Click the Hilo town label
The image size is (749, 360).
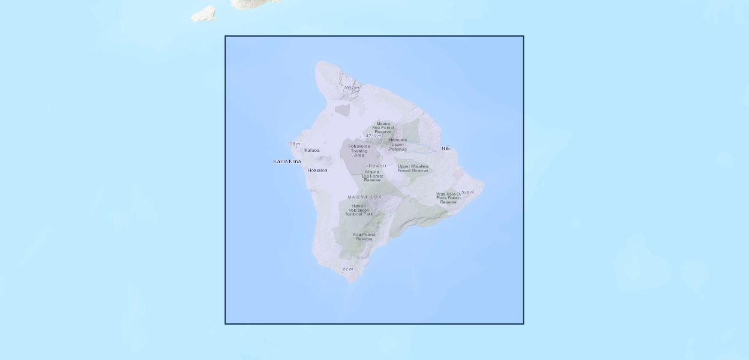446,148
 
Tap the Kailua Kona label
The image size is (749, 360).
287,161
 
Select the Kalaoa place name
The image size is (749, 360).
312,150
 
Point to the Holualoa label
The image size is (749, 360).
317,170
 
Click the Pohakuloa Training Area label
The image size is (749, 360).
359,151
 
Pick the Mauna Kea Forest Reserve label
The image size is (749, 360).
383,128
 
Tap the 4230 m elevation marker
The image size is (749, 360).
373,136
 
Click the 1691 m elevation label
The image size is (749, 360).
351,88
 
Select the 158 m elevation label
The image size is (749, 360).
293,144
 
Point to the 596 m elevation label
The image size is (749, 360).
468,193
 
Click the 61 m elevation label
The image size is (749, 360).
348,269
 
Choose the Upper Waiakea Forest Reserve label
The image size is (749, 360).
413,168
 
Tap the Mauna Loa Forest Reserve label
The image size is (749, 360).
372,176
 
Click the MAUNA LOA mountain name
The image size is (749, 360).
364,197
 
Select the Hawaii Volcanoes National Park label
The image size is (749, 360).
359,209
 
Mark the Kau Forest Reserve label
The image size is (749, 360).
364,236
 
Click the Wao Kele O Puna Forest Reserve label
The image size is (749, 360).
448,198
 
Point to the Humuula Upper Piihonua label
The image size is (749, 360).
397,144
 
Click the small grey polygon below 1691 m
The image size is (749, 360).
342,110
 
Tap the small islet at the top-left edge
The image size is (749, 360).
204,14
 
